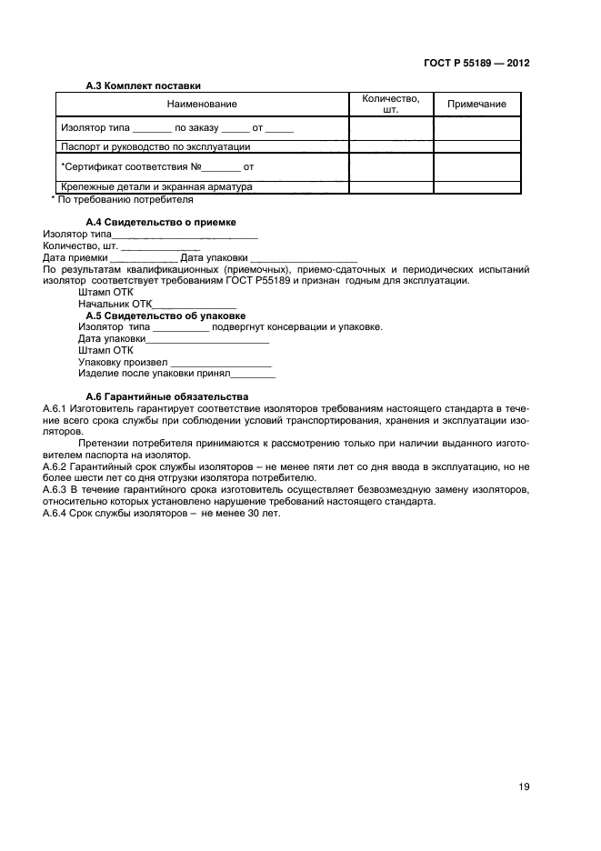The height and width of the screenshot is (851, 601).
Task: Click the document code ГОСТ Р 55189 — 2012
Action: pos(476,64)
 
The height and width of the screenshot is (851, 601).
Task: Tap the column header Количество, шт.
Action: pos(390,105)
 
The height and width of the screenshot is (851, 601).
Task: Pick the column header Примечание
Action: pos(476,105)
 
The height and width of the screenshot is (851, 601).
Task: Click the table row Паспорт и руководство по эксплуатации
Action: pos(155,145)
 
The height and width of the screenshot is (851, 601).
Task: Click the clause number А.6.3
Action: pos(57,489)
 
